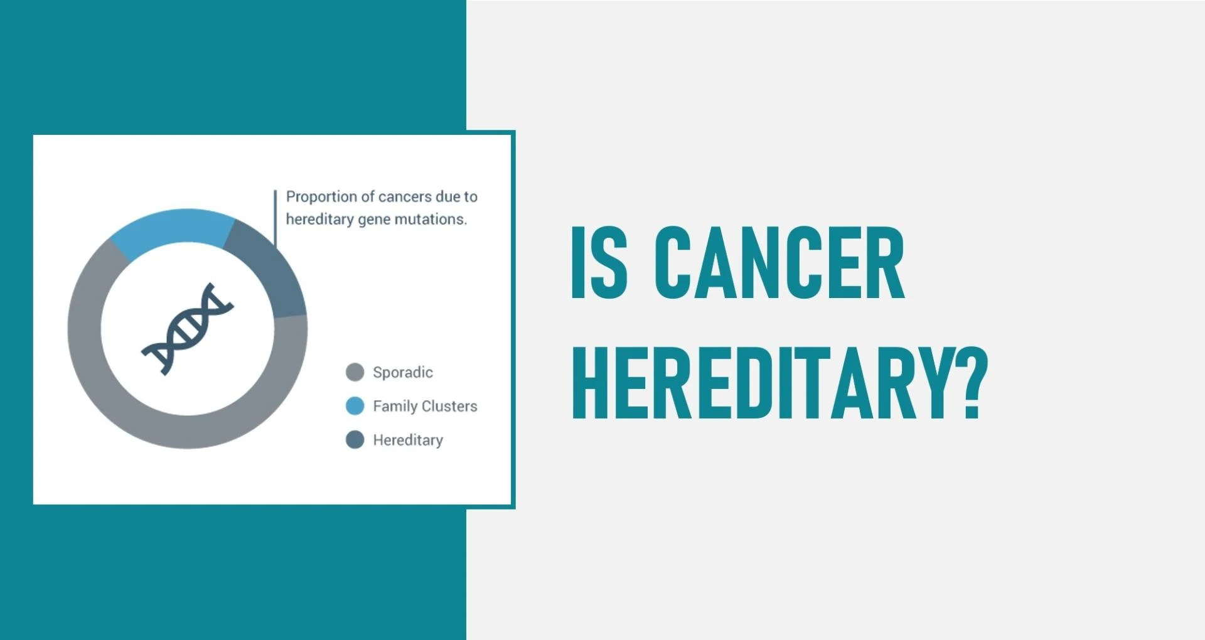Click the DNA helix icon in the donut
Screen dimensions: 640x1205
[x=187, y=328]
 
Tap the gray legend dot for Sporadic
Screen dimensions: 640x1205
[x=355, y=372]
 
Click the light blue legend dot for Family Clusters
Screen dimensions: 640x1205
[x=355, y=406]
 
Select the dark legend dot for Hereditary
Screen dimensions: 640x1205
[x=355, y=440]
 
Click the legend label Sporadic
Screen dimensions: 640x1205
[x=403, y=373]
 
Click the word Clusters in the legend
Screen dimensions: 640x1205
[x=449, y=407]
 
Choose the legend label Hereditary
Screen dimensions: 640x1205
[x=408, y=440]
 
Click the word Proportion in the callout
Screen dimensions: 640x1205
[x=321, y=197]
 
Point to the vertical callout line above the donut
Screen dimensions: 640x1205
[x=275, y=216]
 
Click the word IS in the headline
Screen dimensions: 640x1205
[x=599, y=262]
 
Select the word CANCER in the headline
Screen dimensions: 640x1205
[x=779, y=262]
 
